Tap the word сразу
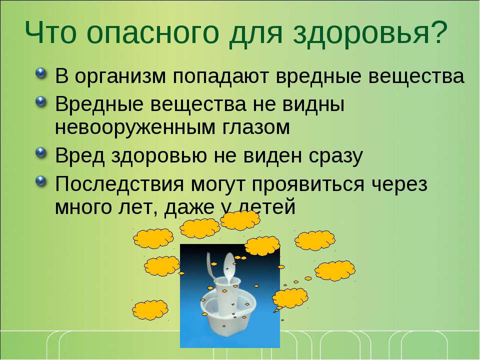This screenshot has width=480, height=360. pos(335,156)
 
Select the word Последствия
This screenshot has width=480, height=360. pos(119,184)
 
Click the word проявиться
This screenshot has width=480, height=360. pos(308,185)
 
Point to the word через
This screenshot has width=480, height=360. pos(399,185)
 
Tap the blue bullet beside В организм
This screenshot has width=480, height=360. pos(41,73)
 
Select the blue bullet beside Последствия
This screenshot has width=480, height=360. pos(41,181)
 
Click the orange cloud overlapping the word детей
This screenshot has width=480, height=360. pos(240,220)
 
